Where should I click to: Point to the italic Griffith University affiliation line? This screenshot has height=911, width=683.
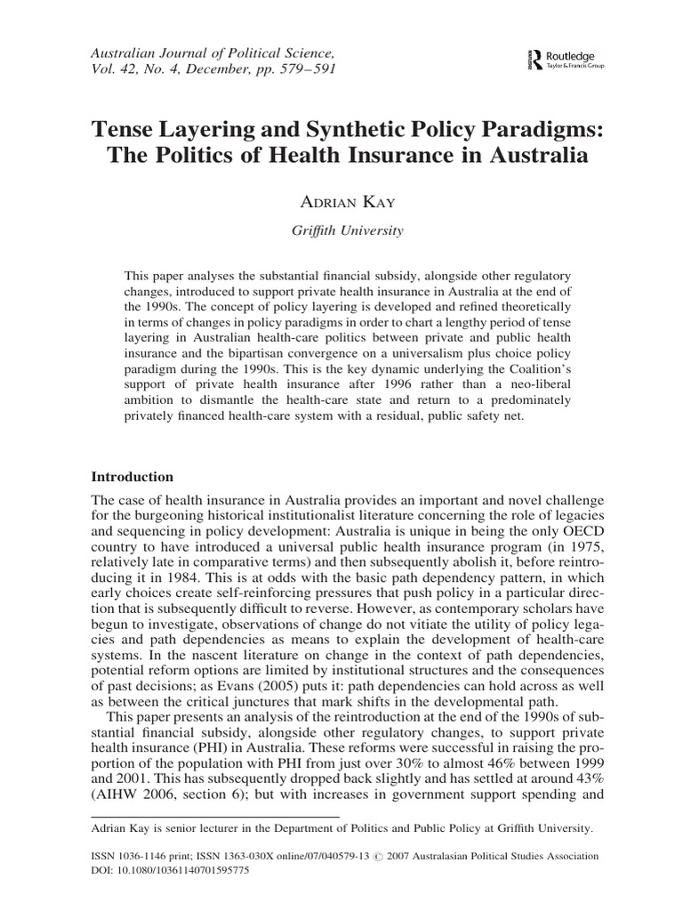(x=341, y=230)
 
